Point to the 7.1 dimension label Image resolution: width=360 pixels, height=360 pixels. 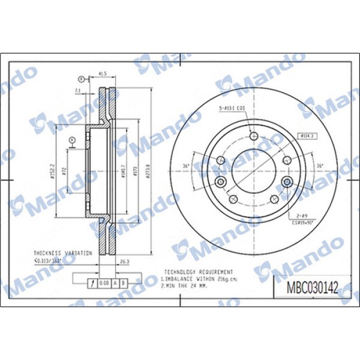tap(77, 90)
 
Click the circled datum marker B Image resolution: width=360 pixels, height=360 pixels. tap(82, 79)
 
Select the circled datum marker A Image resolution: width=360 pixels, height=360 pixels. tap(72, 140)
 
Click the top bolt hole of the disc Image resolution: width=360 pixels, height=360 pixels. tap(254, 137)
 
